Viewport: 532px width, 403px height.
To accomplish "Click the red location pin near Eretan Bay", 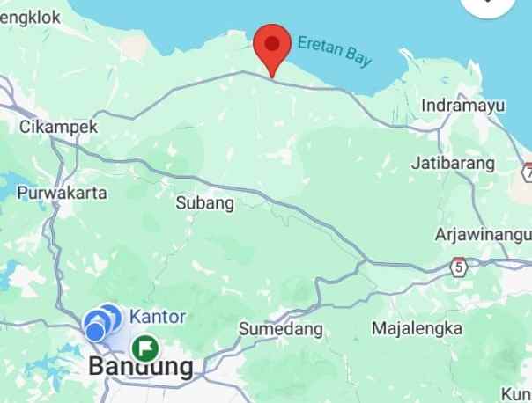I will pos(272,44).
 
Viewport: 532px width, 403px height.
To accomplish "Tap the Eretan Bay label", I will pos(335,52).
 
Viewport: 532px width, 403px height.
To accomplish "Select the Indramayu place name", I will pos(463,106).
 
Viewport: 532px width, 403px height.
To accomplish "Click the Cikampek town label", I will pos(58,128).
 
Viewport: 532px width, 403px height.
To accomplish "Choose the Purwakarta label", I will pos(62,193).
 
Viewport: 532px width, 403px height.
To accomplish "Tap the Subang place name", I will pos(205,203).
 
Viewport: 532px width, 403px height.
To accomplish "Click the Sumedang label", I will pos(281,329).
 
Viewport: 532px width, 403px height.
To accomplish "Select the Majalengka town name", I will pos(417,328).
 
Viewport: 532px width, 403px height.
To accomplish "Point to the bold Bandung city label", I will pos(141,367).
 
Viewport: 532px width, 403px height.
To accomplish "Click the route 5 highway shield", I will pos(459,266).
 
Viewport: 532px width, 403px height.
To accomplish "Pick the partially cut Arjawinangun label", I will pos(483,235).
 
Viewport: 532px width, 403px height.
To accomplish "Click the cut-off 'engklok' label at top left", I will pos(30,16).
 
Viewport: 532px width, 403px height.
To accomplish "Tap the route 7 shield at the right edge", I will pos(527,172).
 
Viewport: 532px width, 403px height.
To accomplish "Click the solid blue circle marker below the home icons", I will pos(94,332).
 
